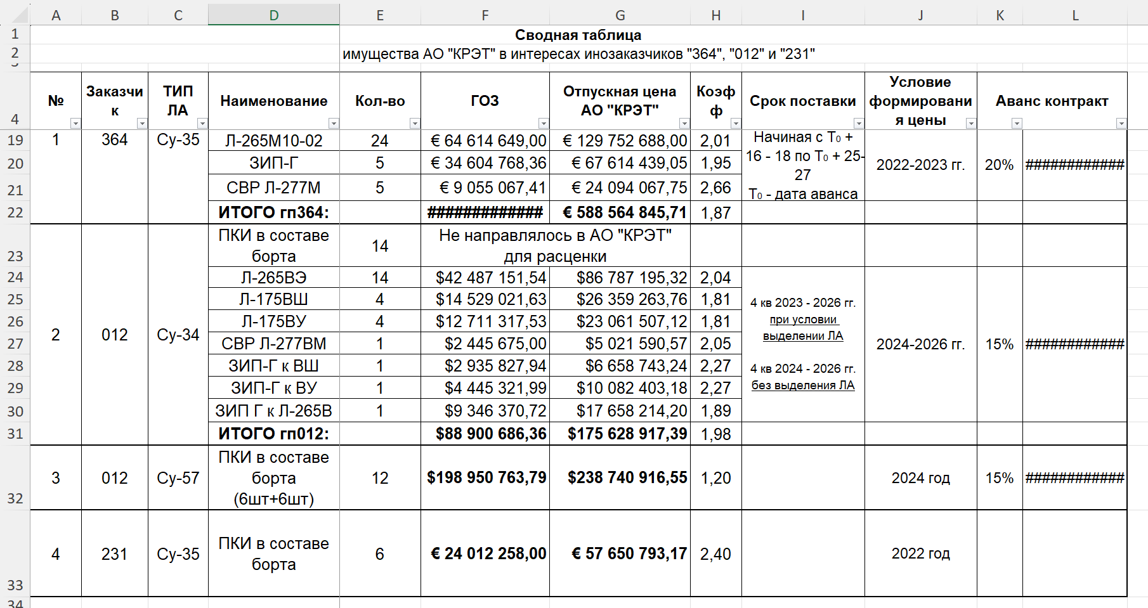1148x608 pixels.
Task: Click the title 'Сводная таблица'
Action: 578,35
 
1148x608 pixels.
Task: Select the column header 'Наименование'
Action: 273,101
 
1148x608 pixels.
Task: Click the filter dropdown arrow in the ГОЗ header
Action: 543,123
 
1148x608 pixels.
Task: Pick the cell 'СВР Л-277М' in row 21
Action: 273,188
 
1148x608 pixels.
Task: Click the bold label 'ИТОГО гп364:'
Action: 273,212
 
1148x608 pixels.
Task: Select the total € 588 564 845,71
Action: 624,212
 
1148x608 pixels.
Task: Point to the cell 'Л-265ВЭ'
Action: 273,278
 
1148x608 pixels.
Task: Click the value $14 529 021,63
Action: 490,299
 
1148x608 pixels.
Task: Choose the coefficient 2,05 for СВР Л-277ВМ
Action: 715,344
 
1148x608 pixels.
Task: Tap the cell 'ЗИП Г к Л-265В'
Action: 273,411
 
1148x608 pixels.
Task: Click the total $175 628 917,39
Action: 627,434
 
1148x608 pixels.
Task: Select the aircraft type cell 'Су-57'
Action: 178,478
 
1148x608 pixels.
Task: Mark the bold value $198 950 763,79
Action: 486,477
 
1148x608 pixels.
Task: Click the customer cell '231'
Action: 114,554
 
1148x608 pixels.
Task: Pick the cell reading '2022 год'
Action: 920,553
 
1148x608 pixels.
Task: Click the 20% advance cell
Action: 999,165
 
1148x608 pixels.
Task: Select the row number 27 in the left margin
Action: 15,344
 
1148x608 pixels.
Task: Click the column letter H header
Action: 715,15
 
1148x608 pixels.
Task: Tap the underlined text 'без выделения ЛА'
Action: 803,385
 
